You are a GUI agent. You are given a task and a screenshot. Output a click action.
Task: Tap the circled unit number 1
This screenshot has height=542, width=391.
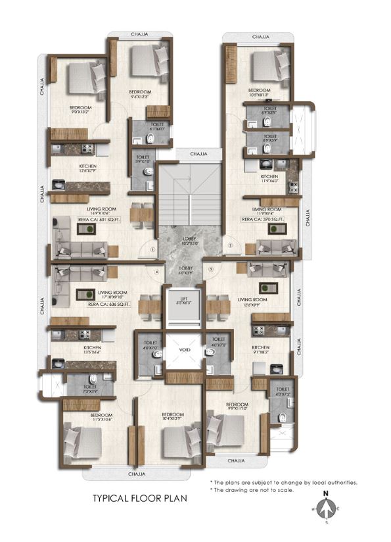click(x=152, y=250)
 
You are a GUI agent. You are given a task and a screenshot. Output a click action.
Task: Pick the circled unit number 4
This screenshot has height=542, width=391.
click(x=157, y=270)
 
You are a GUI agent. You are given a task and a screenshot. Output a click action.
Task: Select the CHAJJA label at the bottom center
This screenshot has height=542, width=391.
click(x=137, y=473)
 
